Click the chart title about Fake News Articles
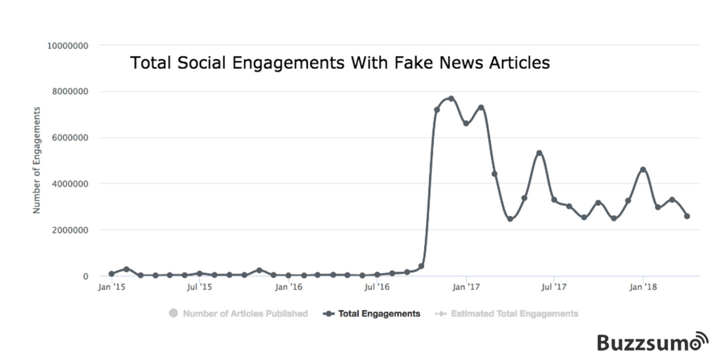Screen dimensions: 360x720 click(340, 63)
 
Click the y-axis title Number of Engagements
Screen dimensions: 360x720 click(37, 160)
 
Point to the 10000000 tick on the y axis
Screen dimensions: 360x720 click(67, 46)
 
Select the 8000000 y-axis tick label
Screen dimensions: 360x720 click(70, 91)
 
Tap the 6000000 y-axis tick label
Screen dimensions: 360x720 click(70, 138)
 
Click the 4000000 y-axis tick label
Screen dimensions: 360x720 click(70, 184)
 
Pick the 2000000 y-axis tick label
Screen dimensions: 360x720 click(70, 230)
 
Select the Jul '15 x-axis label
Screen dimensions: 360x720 click(200, 287)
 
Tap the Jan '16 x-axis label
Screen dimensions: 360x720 click(288, 287)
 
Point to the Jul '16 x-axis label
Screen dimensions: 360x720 click(377, 287)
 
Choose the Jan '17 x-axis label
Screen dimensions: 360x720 click(465, 287)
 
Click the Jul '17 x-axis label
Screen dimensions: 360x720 click(554, 287)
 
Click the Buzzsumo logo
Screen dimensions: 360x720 click(652, 342)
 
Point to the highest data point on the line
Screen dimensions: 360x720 click(451, 98)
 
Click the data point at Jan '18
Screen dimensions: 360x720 click(643, 169)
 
